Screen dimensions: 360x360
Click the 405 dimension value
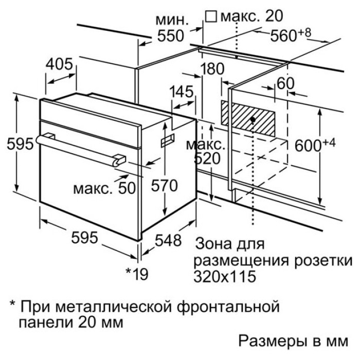[x=59, y=64]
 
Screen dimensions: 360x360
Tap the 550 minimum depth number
[x=171, y=36]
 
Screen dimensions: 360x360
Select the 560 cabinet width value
[x=284, y=36]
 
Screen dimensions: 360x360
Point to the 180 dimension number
[x=212, y=68]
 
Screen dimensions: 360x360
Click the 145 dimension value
[x=182, y=92]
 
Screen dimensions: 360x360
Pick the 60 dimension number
[x=285, y=83]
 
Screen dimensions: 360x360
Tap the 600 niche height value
[x=308, y=146]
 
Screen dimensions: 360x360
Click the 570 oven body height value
[x=164, y=186]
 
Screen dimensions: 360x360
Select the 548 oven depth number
[x=168, y=241]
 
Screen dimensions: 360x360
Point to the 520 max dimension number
[x=207, y=158]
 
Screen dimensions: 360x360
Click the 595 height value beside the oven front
[x=20, y=144]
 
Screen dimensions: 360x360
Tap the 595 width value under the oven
[x=84, y=238]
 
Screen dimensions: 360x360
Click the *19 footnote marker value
[x=137, y=274]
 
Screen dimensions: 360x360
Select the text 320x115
[x=225, y=277]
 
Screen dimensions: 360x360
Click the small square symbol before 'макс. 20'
[x=211, y=17]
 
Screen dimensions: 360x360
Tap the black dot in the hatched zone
[x=253, y=119]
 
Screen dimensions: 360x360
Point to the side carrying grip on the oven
[x=167, y=140]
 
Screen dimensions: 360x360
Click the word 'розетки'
[x=323, y=261]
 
